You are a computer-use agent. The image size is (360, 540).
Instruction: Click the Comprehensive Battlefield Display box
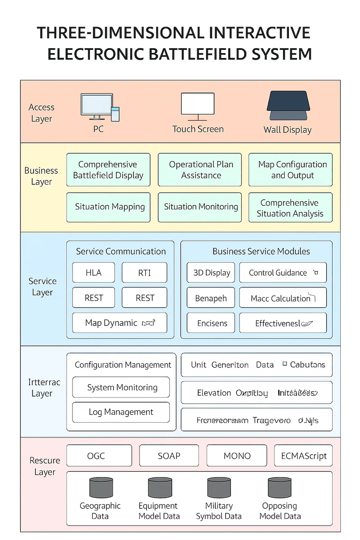108,170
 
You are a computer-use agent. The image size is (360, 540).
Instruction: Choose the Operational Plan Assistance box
200,170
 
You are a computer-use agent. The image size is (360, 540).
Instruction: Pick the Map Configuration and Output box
291,170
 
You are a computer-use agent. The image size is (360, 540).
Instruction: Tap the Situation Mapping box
108,207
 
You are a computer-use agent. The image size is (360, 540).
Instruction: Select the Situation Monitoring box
200,207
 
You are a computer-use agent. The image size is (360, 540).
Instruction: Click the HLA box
94,273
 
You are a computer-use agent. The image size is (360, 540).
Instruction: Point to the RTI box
144,273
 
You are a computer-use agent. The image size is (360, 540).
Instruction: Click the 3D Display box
211,273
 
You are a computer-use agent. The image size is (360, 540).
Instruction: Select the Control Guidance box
283,273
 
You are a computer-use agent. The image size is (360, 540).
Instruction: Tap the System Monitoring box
121,387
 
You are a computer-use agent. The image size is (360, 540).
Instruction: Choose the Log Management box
121,412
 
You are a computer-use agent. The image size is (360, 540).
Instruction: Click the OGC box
99,456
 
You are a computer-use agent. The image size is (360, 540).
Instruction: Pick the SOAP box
169,456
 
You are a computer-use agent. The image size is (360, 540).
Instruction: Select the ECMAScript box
303,456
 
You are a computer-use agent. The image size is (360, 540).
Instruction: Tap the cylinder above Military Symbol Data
219,487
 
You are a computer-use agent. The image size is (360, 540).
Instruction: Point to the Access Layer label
41,113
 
